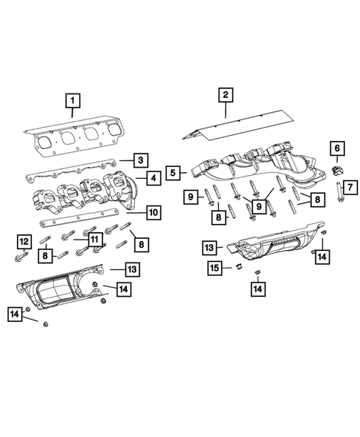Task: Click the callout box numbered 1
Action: pyautogui.click(x=72, y=99)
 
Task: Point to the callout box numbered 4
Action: pyautogui.click(x=152, y=178)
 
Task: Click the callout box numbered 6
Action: pyautogui.click(x=336, y=149)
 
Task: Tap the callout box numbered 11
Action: pyautogui.click(x=94, y=239)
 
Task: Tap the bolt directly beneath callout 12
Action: pyautogui.click(x=22, y=257)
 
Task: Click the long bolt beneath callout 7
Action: pyautogui.click(x=339, y=197)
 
